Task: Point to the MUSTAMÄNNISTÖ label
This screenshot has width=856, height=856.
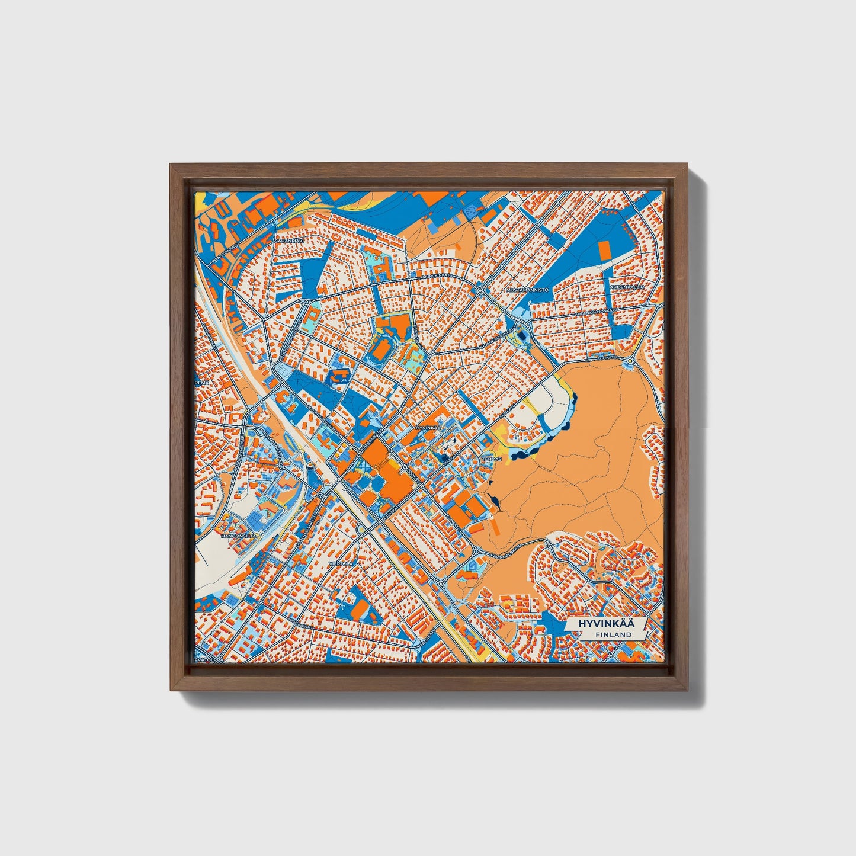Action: coord(527,290)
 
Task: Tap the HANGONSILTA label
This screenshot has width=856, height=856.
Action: coord(238,536)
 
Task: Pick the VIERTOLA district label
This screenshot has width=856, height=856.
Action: coord(342,563)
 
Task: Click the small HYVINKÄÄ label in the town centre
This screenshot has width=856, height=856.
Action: coord(429,427)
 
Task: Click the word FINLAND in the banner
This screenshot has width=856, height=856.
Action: coord(614,634)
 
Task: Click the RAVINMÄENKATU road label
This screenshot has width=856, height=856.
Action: coord(511,555)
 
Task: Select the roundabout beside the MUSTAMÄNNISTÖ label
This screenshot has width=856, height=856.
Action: coord(480,290)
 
